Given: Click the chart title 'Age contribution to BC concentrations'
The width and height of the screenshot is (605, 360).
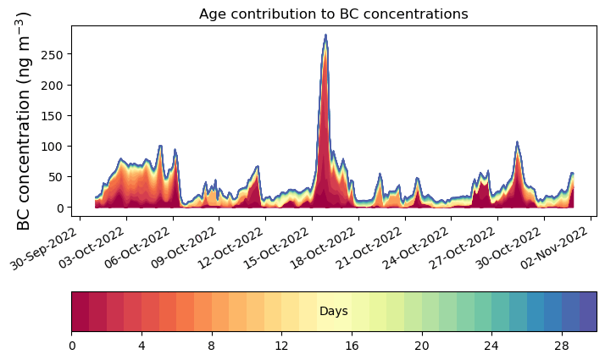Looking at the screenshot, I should point(333,14).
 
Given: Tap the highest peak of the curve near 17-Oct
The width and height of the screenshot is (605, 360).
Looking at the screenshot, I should point(325,36).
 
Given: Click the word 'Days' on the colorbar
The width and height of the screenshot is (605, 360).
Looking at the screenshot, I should point(333,312).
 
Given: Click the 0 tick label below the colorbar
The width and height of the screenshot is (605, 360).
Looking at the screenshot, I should point(72,346).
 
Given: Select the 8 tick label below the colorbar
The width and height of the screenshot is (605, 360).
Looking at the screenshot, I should point(212,346).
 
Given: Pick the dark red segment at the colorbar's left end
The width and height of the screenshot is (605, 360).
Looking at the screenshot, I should point(80,312).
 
